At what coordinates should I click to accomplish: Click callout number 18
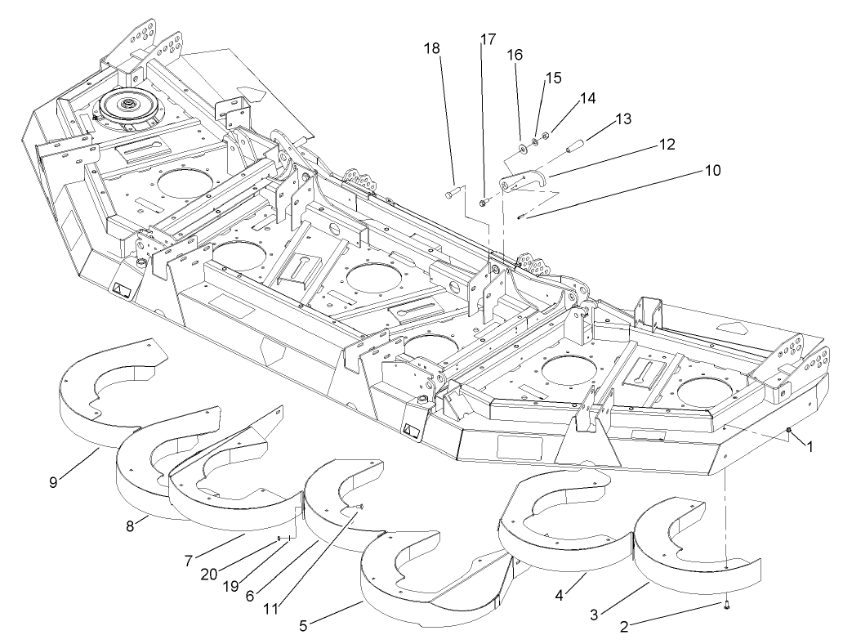coord(431,48)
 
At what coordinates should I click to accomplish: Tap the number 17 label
coord(488,39)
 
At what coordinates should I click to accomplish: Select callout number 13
coord(623,119)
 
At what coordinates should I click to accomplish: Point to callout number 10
coord(713,172)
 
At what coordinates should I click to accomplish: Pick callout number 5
coord(304,625)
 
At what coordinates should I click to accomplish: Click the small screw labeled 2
coord(726,605)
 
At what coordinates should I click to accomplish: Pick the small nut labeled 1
coord(789,431)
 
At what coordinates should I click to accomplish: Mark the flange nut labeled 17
coord(484,200)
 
